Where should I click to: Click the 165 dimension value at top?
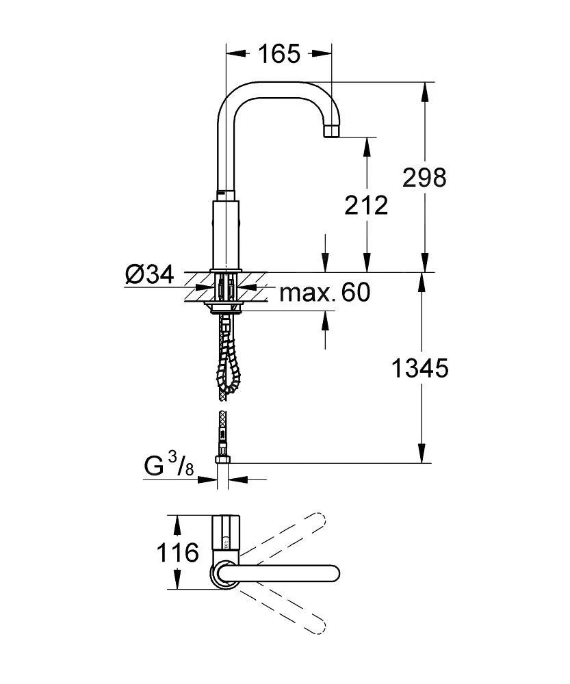click(x=279, y=53)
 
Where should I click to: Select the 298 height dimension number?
click(x=425, y=177)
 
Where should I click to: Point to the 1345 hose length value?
click(x=419, y=369)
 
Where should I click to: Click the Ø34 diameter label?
click(x=148, y=276)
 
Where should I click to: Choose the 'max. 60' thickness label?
click(x=325, y=293)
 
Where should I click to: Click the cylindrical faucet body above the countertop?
click(x=226, y=233)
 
